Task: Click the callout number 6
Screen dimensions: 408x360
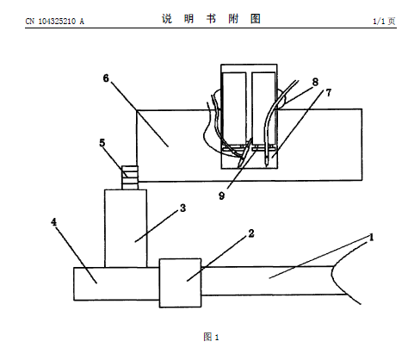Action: click(x=106, y=78)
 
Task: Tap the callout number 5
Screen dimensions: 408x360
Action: click(x=102, y=143)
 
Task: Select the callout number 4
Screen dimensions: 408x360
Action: click(x=54, y=222)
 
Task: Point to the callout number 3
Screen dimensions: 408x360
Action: click(x=183, y=208)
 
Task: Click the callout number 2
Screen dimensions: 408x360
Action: click(x=251, y=233)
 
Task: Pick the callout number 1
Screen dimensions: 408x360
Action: click(x=371, y=238)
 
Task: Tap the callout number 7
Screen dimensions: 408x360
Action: click(x=329, y=92)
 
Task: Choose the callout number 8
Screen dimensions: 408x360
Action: click(x=315, y=82)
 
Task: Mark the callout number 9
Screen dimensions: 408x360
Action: click(x=221, y=196)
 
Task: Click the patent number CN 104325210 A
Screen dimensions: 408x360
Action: click(x=55, y=22)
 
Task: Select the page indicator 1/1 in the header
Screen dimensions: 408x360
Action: click(x=379, y=22)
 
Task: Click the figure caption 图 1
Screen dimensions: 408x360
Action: click(x=211, y=337)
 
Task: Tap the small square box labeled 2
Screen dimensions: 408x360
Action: click(x=180, y=283)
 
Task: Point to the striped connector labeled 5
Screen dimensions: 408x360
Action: click(x=130, y=177)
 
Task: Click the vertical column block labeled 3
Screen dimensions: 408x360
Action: click(x=126, y=228)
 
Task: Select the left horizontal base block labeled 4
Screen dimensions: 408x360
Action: click(x=116, y=284)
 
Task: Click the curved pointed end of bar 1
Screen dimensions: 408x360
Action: click(x=332, y=274)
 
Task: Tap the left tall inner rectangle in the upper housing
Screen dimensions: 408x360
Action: click(x=234, y=109)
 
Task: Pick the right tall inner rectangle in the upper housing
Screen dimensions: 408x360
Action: click(x=263, y=109)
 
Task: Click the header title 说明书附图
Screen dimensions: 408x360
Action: click(x=211, y=19)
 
